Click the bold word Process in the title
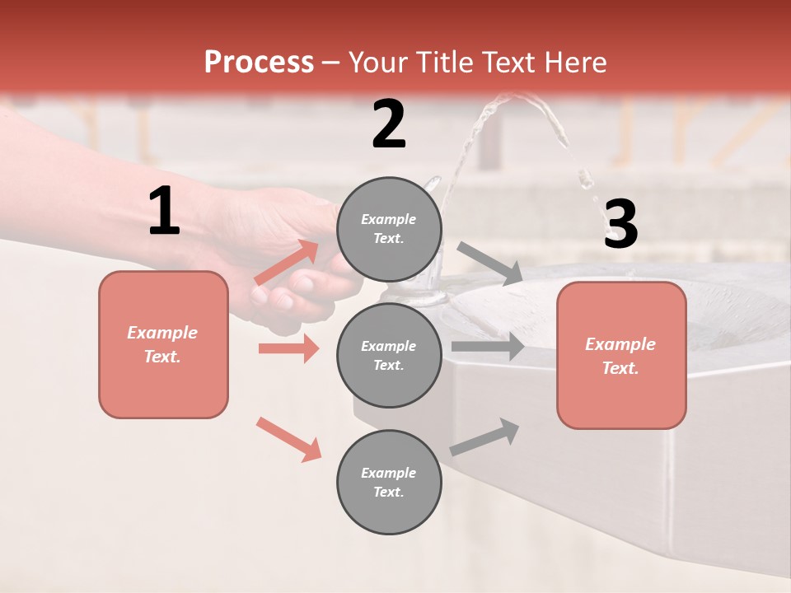coord(259,62)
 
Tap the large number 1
coord(164,212)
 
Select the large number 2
coord(389,124)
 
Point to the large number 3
coord(620,225)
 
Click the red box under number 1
coord(163,344)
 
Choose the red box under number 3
coord(621,355)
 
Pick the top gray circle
coord(389,229)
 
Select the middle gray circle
coord(389,355)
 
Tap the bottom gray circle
coord(389,482)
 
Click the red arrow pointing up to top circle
coord(287,262)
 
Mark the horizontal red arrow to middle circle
coord(288,348)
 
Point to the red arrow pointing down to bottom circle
coord(288,438)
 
